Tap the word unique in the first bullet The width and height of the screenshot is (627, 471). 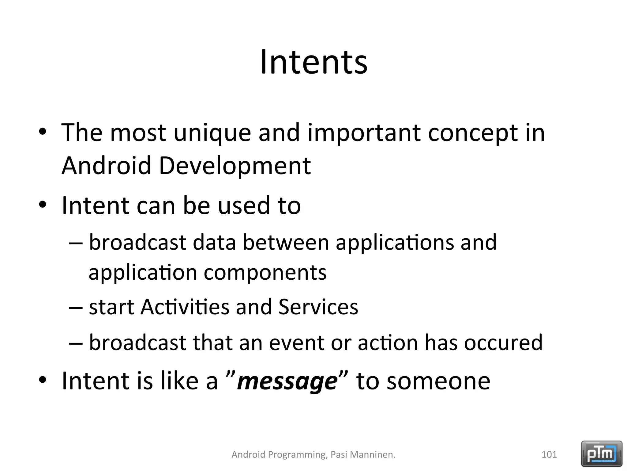tap(212, 133)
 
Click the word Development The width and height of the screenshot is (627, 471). tap(235, 166)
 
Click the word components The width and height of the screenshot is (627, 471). tap(265, 273)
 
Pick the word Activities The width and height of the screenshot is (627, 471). tap(185, 307)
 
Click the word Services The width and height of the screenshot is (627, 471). tap(318, 307)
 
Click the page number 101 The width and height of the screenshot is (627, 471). tap(549, 454)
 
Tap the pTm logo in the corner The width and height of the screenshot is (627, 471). tap(602, 454)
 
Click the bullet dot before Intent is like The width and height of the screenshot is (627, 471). tap(43, 380)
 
